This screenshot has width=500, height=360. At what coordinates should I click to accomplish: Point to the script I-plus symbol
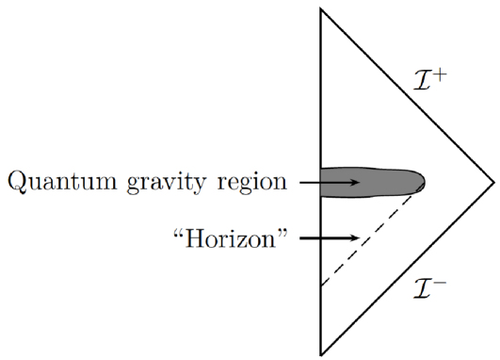coord(429,83)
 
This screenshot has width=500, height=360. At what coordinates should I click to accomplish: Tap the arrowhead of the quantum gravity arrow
coord(354,180)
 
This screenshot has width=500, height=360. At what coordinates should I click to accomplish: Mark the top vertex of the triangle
coord(321,8)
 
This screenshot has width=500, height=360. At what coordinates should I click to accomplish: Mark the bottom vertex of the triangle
coord(321,354)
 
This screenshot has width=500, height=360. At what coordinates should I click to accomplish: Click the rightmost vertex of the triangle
coord(493,180)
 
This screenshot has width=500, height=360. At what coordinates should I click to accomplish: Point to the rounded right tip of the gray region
coord(424,180)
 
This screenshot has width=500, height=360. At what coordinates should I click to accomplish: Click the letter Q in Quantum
coord(17,181)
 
